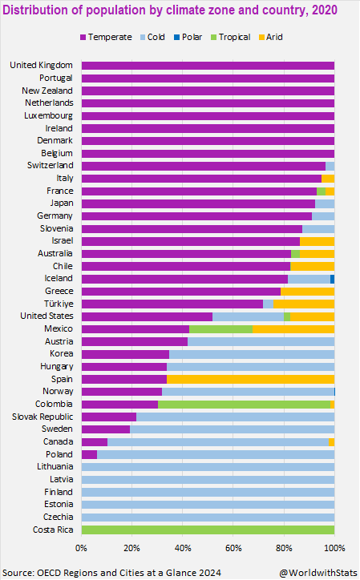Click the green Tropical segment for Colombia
point(244,405)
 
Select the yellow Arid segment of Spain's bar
point(250,379)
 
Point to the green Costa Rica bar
point(208,530)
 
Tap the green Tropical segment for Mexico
point(220,328)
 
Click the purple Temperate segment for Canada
point(94,442)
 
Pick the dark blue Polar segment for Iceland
point(332,279)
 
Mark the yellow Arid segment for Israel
point(317,241)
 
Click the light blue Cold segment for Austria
point(261,341)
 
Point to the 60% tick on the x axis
point(233,548)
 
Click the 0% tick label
point(81,548)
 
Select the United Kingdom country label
point(42,65)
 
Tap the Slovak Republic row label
point(42,417)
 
